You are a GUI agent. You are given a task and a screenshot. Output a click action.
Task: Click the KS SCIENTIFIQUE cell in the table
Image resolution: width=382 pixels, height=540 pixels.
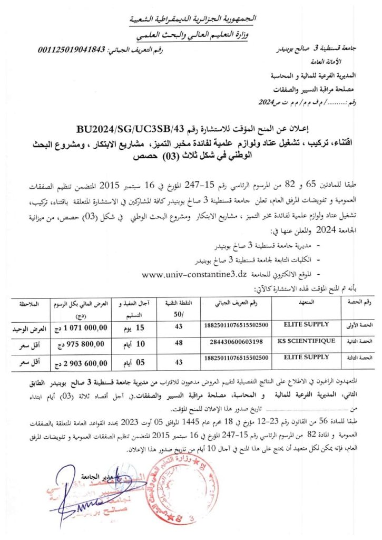tap(306, 341)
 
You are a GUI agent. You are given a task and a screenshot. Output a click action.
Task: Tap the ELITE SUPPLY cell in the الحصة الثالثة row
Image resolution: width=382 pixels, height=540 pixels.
tap(306, 357)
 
